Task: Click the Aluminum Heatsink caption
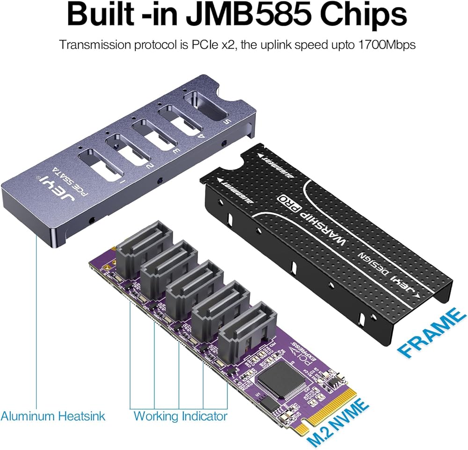pyautogui.click(x=53, y=416)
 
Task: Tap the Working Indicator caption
pyautogui.click(x=181, y=416)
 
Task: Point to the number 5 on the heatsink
pyautogui.click(x=228, y=123)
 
